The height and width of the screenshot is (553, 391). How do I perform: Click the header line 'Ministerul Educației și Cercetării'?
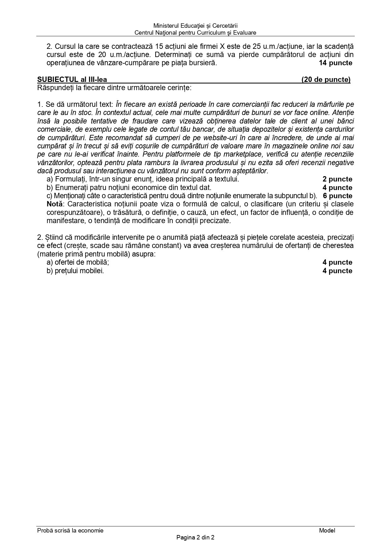[195, 26]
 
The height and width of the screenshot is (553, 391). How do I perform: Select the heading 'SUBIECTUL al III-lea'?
[72, 79]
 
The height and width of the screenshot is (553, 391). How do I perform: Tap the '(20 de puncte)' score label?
[326, 79]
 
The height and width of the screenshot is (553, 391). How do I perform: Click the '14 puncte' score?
[336, 63]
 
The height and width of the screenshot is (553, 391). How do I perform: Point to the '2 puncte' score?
[337, 179]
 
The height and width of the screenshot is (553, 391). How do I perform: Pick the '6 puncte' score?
[337, 196]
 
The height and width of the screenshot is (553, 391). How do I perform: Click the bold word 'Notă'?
[54, 204]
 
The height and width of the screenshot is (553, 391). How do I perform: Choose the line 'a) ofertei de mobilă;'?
[78, 262]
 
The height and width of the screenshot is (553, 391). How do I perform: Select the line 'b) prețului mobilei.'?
[75, 271]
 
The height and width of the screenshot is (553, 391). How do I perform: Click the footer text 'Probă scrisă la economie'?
[70, 530]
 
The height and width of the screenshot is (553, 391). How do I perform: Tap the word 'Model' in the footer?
[327, 530]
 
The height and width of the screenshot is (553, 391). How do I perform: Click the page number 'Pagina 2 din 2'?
[195, 538]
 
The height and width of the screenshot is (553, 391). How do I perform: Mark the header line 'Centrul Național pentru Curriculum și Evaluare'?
[195, 32]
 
